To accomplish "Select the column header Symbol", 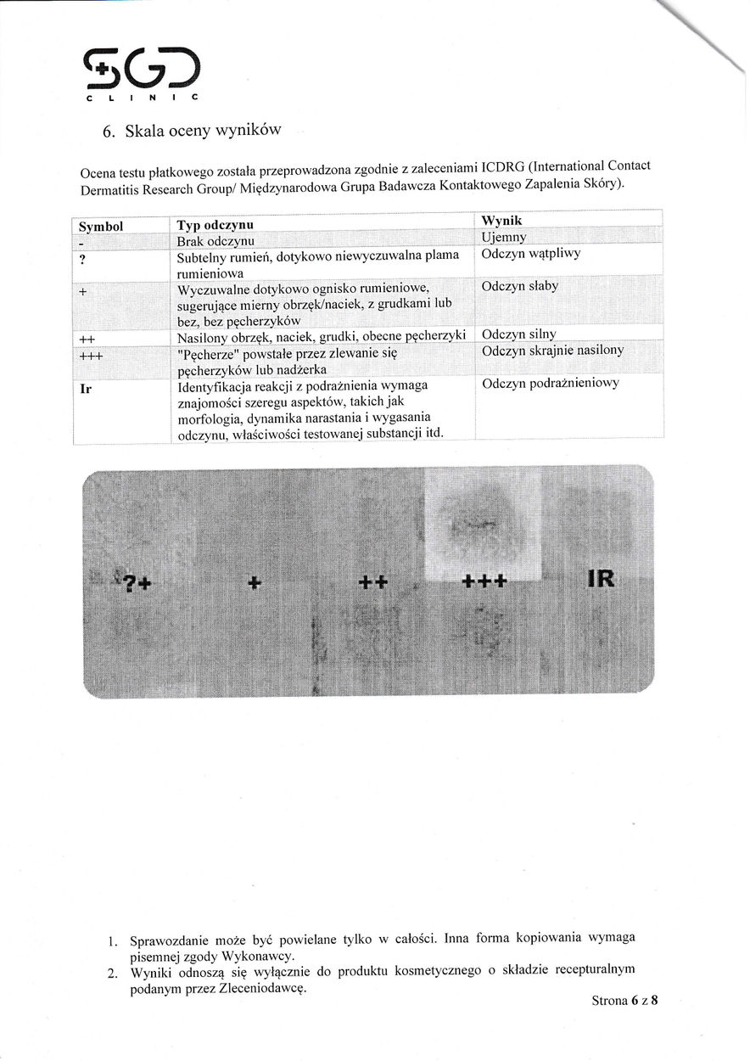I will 101,227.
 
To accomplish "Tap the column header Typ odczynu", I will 215,226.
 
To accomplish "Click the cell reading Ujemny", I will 504,237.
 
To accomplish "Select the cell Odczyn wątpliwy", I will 530,254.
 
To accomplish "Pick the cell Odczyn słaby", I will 519,286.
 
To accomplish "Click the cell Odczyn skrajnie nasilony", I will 552,351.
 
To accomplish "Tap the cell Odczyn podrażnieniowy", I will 551,383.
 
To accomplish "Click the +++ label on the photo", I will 484,581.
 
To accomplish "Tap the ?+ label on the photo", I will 137,583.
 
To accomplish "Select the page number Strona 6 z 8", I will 624,1000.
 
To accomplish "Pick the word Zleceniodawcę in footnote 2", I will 263,988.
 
